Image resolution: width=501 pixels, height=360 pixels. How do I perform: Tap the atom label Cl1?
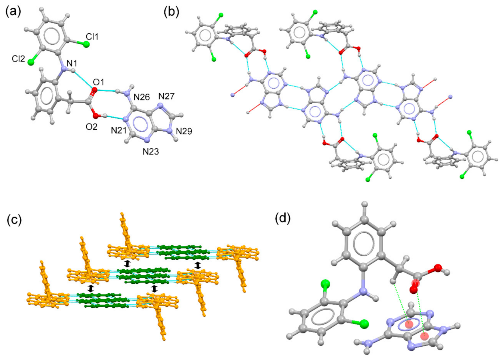(x=92, y=37)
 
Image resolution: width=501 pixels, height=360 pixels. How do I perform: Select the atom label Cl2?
(x=18, y=59)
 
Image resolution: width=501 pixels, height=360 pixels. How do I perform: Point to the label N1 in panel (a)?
(x=72, y=63)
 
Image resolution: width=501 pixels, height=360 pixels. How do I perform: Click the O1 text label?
(x=99, y=82)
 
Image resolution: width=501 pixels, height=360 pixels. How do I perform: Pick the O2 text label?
(x=92, y=127)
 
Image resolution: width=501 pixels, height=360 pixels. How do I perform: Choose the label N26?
(x=142, y=97)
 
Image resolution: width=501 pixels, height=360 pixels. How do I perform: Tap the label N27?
(x=166, y=96)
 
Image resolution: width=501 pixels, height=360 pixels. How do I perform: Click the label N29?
(x=184, y=131)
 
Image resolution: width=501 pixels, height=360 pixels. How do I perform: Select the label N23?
(x=151, y=152)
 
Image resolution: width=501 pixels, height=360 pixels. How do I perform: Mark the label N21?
(x=119, y=131)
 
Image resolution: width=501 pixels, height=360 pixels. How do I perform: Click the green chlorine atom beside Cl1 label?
(x=86, y=44)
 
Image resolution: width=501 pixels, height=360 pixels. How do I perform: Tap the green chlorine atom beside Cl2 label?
(x=31, y=61)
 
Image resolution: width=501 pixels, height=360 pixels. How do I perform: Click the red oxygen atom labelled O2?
(x=96, y=116)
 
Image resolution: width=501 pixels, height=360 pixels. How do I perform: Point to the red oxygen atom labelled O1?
(x=94, y=90)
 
